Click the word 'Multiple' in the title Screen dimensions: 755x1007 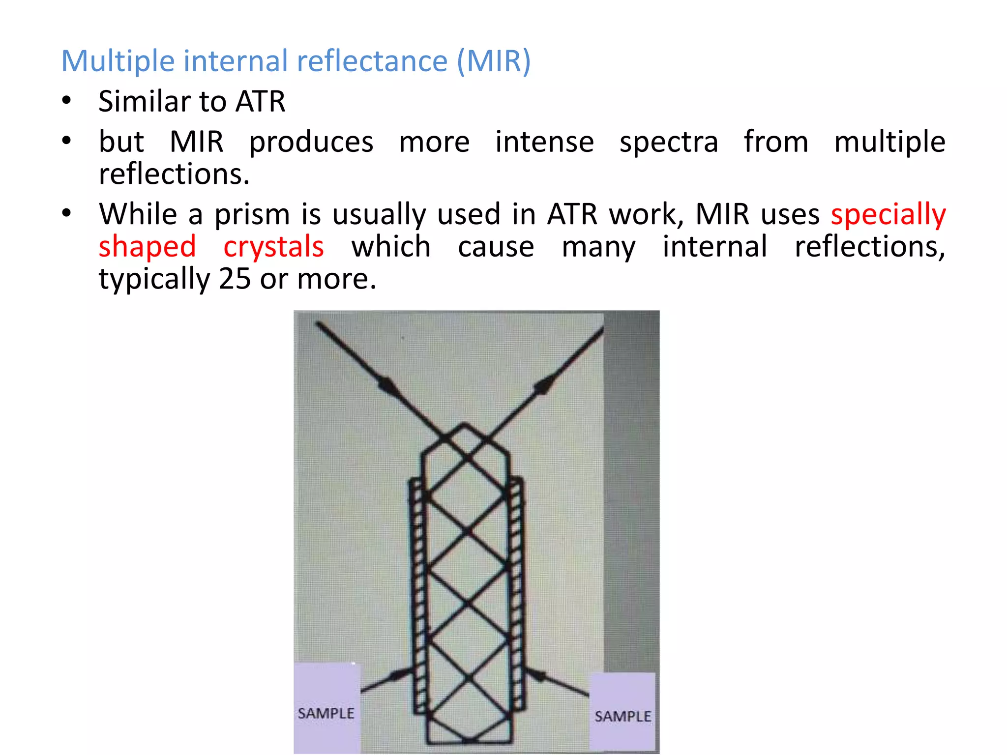coord(118,61)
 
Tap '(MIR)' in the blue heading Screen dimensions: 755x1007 coord(494,61)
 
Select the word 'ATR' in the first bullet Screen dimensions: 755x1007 coord(260,102)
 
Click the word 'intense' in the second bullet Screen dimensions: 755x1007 coord(544,142)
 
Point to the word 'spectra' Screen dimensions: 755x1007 coord(669,142)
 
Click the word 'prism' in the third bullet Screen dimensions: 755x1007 coord(252,215)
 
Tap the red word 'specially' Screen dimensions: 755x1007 coord(888,215)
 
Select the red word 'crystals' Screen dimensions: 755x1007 coord(273,247)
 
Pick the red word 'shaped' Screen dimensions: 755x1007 coord(147,247)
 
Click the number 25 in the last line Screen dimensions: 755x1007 coord(235,279)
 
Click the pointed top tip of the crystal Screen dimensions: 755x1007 coord(465,425)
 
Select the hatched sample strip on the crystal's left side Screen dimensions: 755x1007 coord(417,595)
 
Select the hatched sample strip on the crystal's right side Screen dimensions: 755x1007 coord(516,595)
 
